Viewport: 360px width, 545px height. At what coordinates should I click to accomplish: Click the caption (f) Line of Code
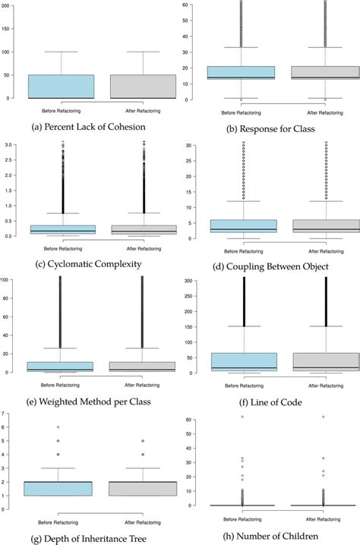(x=270, y=400)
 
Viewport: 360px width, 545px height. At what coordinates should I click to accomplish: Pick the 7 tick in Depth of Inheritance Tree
(x=7, y=414)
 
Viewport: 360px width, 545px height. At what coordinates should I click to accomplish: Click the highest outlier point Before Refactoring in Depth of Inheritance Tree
(x=58, y=427)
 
